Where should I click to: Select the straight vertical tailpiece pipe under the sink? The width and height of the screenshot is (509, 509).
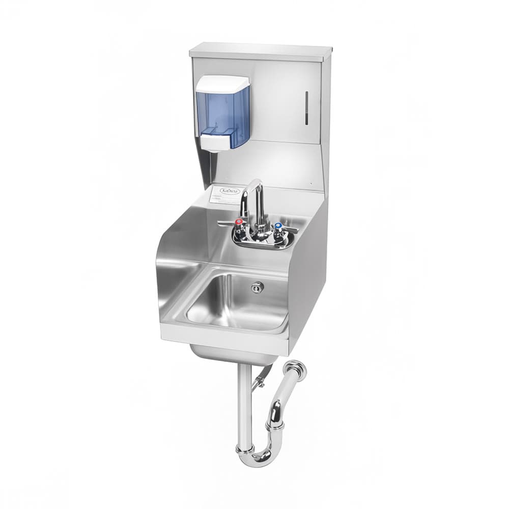point(244,402)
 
